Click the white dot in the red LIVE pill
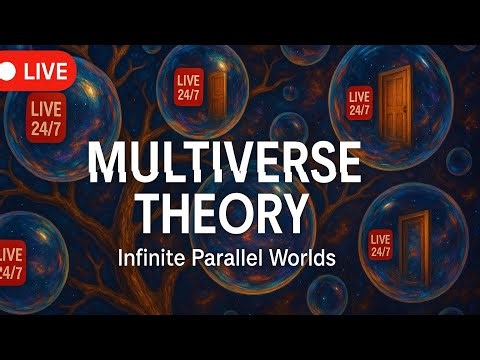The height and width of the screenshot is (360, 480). (x=9, y=72)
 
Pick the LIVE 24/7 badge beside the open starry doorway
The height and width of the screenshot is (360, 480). (x=381, y=245)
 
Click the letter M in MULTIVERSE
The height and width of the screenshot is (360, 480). (x=107, y=163)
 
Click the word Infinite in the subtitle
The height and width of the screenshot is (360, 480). (x=151, y=256)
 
